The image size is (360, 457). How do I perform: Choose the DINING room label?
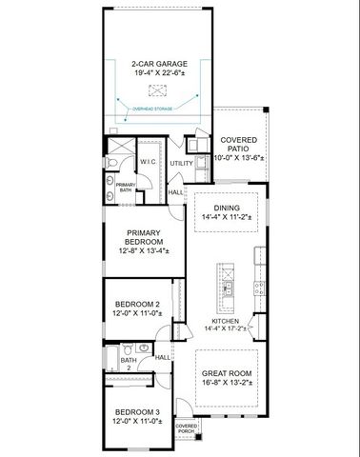[228, 207]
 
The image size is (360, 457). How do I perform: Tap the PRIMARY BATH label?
[126, 187]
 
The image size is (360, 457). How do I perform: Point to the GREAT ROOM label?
[227, 373]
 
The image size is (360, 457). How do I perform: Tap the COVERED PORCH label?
[186, 428]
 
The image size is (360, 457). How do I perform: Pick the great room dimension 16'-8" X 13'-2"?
[227, 382]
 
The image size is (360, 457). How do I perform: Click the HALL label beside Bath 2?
[162, 357]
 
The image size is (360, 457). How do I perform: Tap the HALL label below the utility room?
[176, 192]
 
